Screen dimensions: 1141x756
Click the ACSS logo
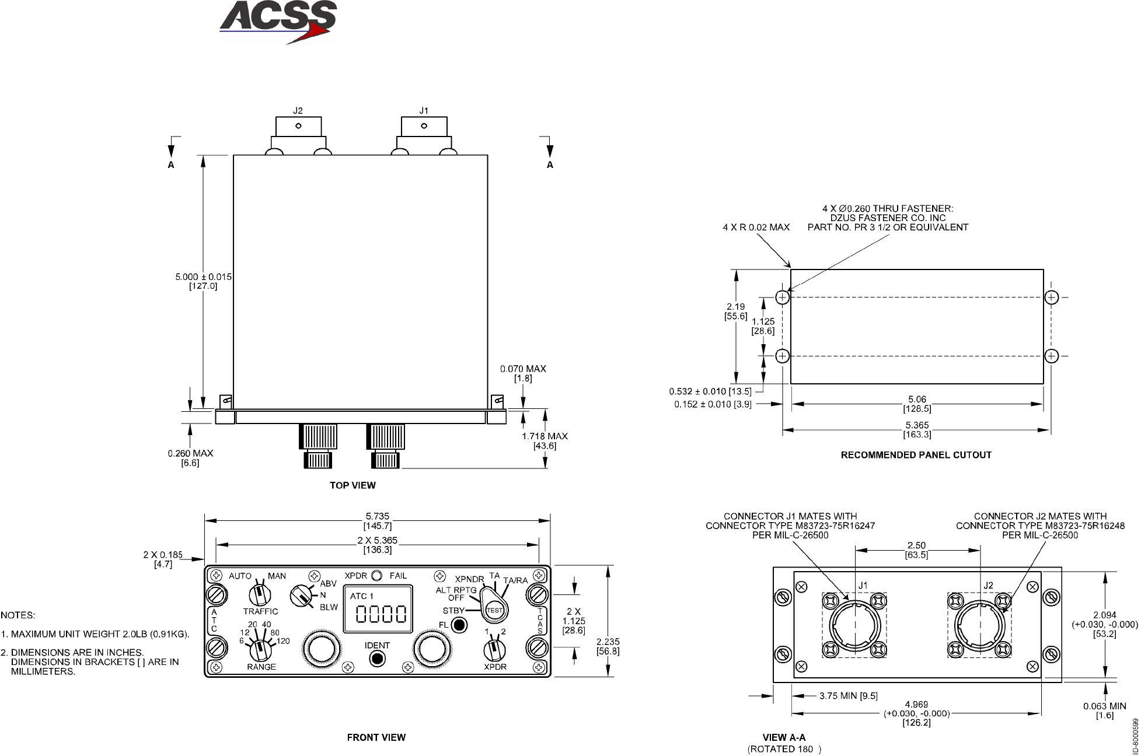[x=278, y=22]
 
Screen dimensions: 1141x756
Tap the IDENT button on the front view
[x=378, y=659]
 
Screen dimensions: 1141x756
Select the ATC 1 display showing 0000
[x=378, y=608]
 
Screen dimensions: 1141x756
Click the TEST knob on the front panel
[x=494, y=610]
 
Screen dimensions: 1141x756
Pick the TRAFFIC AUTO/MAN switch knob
[x=258, y=594]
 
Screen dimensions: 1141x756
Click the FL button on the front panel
[x=460, y=625]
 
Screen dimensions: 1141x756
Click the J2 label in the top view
[x=298, y=110]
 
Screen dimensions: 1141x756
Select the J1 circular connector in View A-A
[x=854, y=625]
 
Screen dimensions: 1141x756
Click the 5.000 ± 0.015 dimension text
[x=204, y=276]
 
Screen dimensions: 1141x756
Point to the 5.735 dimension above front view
[x=377, y=516]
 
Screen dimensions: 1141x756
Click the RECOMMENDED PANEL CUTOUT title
[x=916, y=455]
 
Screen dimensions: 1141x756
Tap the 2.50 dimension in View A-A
[x=916, y=546]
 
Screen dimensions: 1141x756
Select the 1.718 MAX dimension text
[x=545, y=436]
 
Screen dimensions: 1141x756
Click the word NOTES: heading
[x=18, y=615]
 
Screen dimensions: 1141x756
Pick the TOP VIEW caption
[x=353, y=485]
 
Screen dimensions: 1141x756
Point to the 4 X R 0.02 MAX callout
[x=756, y=227]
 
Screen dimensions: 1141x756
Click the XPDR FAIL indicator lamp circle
[x=376, y=576]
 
